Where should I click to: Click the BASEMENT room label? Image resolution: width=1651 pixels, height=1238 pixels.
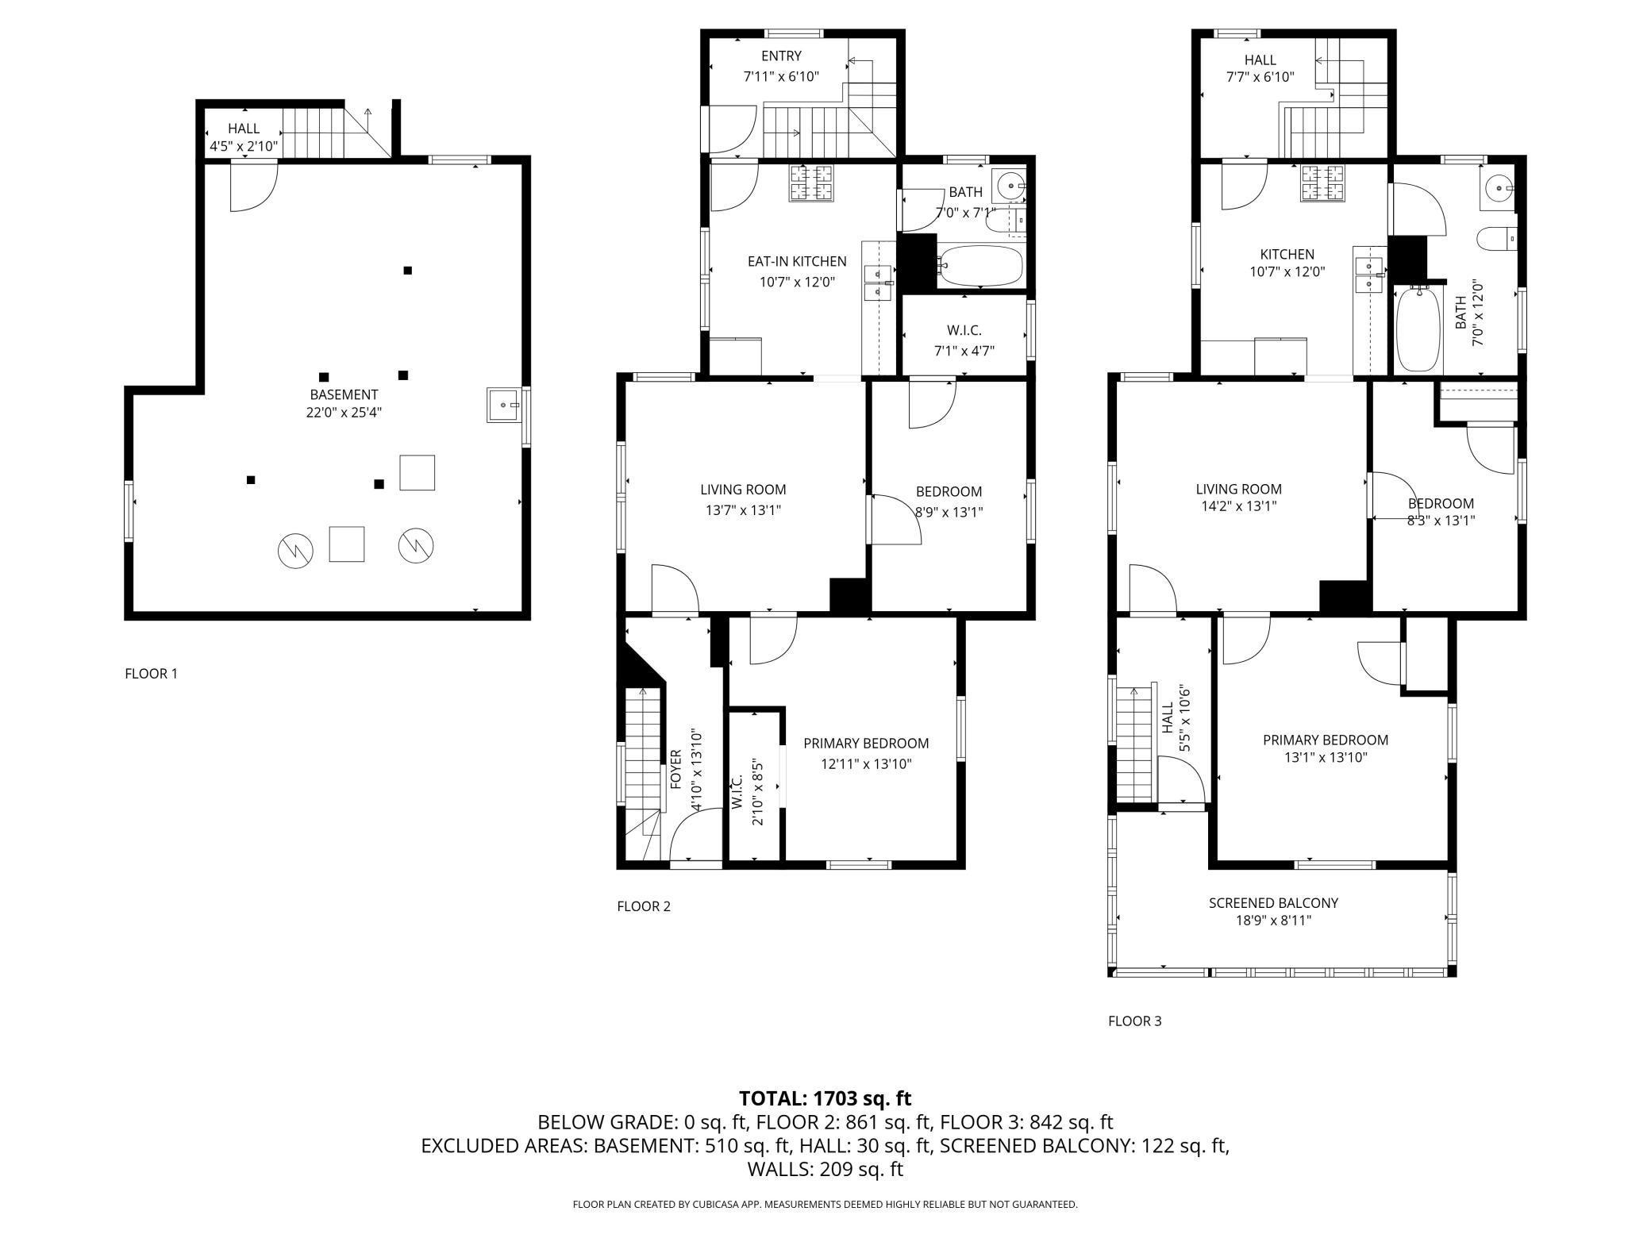point(344,394)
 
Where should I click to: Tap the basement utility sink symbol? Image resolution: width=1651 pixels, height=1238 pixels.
point(503,406)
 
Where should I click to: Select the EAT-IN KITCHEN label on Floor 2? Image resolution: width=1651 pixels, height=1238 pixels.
point(797,261)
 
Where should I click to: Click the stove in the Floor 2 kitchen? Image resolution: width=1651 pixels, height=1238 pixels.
point(812,183)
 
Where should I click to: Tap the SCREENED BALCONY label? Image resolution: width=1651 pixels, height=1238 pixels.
point(1273,903)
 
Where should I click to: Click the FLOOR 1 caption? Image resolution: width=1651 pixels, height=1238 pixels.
point(151,674)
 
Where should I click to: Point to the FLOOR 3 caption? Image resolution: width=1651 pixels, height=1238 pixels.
point(1134,1021)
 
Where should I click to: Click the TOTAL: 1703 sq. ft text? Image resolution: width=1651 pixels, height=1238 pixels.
point(825,1098)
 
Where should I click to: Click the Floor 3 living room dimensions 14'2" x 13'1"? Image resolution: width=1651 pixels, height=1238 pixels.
point(1239,506)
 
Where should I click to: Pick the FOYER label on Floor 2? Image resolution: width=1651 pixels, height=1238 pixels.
point(676,768)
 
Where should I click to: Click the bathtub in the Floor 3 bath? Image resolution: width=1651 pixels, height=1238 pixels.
point(1418,329)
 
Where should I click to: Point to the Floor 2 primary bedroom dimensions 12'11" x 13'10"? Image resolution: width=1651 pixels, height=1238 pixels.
point(866,764)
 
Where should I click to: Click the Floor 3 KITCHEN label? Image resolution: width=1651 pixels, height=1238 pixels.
point(1287,254)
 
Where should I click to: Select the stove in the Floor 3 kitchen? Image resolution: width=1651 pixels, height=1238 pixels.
point(1323,183)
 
